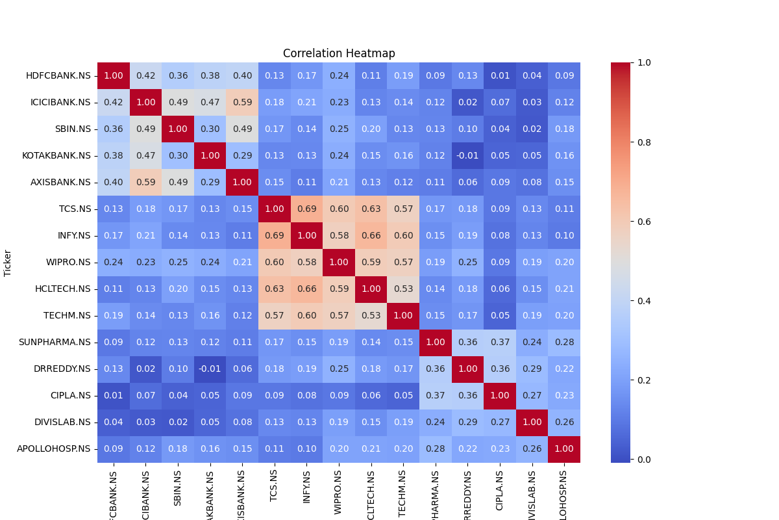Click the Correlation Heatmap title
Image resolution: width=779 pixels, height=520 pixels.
(339, 53)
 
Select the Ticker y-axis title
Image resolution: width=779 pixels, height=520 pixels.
(8, 263)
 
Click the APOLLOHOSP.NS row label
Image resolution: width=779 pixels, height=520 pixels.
(56, 448)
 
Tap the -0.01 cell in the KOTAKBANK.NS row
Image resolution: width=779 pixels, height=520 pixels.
(467, 155)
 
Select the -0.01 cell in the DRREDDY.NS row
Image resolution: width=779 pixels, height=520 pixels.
(210, 369)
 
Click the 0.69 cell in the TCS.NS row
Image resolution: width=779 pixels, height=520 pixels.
(306, 209)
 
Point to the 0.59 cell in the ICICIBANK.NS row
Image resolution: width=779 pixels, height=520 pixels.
(242, 102)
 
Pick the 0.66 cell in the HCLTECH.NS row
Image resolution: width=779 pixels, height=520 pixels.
(306, 289)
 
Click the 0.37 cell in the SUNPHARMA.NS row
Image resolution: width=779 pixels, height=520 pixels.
(500, 342)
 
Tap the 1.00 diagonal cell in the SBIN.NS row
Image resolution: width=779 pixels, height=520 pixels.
(178, 129)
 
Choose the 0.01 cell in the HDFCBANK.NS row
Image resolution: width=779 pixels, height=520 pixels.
(500, 75)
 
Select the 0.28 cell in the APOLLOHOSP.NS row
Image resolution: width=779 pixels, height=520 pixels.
(436, 448)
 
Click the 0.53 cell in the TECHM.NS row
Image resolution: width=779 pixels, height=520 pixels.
(371, 315)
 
